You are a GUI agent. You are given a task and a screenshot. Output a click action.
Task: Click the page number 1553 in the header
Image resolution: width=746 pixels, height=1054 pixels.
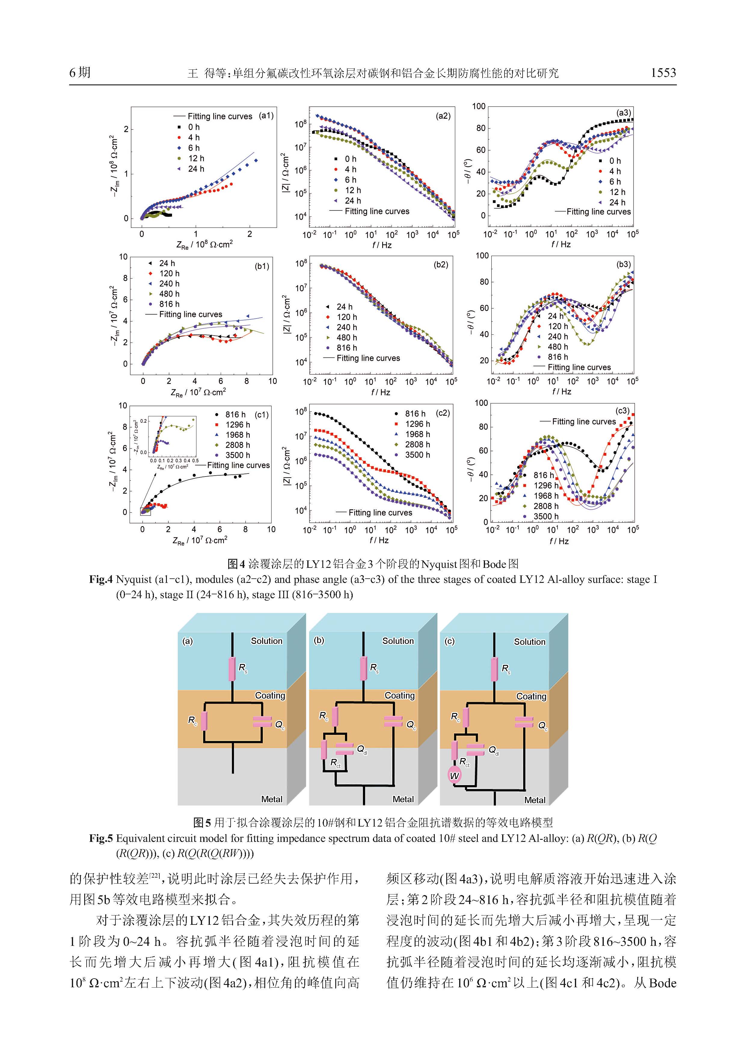point(663,72)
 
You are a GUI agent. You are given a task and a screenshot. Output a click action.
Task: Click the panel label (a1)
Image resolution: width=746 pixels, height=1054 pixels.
point(266,116)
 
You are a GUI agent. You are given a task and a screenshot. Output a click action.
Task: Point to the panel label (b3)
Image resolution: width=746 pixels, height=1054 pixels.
point(623,264)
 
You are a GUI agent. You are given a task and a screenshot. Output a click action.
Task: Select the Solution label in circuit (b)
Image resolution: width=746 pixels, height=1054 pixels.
point(398,641)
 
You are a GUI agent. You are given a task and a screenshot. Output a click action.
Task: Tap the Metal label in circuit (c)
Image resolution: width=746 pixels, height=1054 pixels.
point(535,800)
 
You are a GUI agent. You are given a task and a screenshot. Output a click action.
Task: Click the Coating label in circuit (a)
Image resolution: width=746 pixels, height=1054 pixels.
point(270,696)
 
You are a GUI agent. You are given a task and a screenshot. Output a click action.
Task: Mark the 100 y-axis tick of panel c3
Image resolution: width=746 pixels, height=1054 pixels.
point(481,403)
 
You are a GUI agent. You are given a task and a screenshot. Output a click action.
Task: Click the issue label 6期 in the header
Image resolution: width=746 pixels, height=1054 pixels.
point(80,72)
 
